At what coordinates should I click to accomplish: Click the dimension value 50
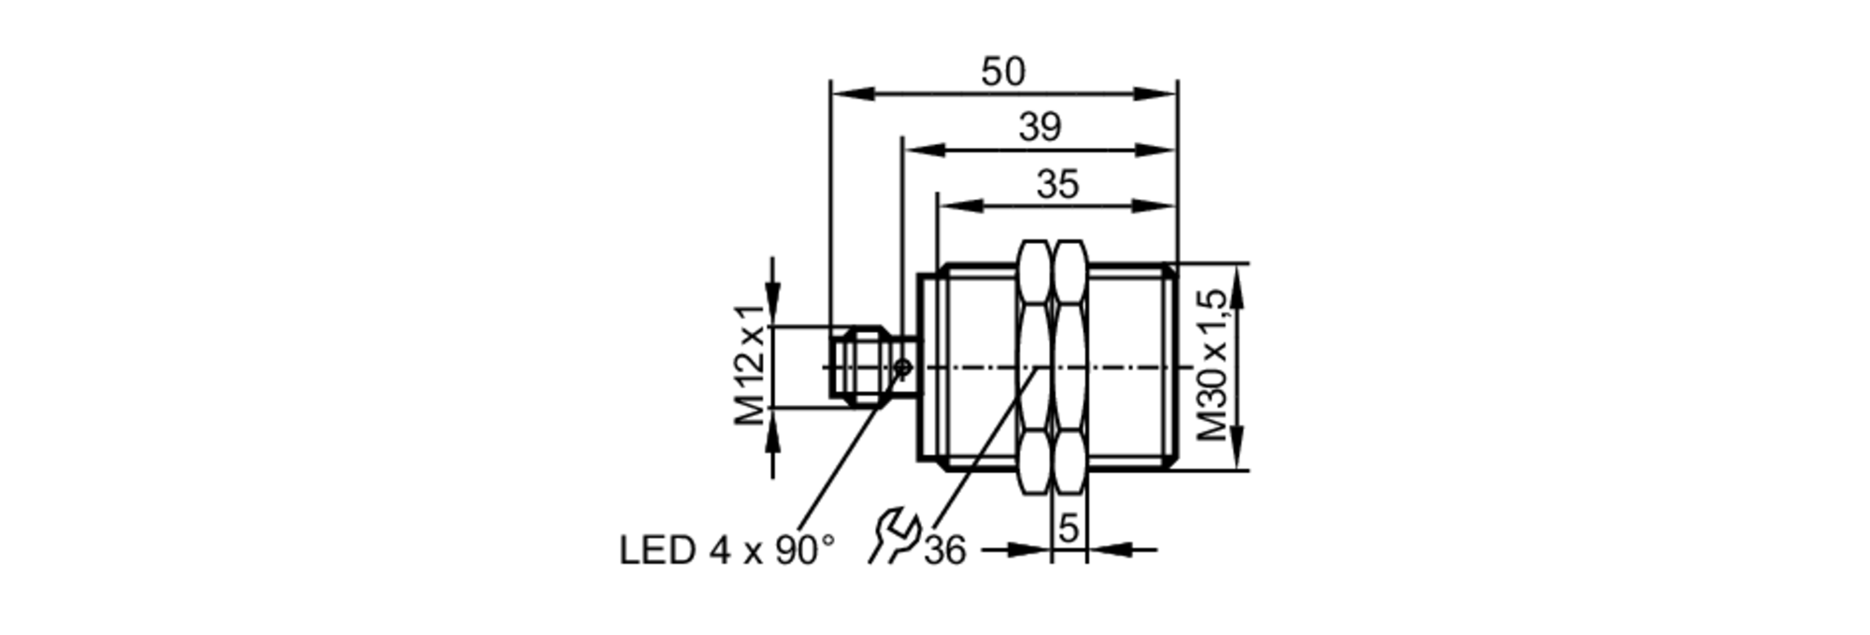[x=1002, y=72]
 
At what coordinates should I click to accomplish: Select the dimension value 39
[x=1040, y=127]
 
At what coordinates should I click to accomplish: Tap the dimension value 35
[x=1057, y=184]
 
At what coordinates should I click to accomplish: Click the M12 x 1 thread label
[x=751, y=366]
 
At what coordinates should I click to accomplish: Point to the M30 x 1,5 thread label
[x=1213, y=366]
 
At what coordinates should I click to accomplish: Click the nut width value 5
[x=1068, y=529]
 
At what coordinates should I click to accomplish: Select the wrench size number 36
[x=944, y=551]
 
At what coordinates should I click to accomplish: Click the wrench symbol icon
[x=893, y=536]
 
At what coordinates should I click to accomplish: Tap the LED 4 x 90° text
[x=726, y=551]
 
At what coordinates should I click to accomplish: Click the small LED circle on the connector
[x=903, y=368]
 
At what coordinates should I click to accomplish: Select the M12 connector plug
[x=865, y=366]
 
